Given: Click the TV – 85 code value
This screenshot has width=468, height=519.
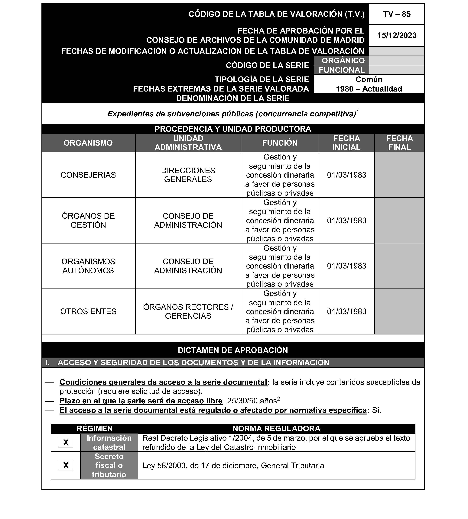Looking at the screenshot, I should pyautogui.click(x=397, y=14).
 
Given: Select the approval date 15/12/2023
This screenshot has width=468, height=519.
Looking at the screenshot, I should pyautogui.click(x=397, y=35).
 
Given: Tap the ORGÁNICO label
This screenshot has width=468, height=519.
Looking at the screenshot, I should pyautogui.click(x=343, y=61).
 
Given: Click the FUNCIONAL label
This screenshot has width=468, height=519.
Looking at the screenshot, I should pyautogui.click(x=342, y=70).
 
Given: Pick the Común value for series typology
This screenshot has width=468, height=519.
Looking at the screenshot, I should pyautogui.click(x=369, y=79).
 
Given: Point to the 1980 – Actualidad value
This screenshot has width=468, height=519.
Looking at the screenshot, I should pyautogui.click(x=369, y=89).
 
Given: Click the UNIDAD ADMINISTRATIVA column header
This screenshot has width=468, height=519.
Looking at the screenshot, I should pyautogui.click(x=188, y=143).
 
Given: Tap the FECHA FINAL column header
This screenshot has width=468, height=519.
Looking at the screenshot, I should pyautogui.click(x=399, y=143).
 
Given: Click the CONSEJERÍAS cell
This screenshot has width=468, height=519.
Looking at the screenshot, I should pyautogui.click(x=88, y=175).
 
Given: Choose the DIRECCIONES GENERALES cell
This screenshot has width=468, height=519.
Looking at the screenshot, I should pyautogui.click(x=188, y=175).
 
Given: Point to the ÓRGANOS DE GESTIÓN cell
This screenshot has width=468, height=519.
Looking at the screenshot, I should pyautogui.click(x=88, y=220).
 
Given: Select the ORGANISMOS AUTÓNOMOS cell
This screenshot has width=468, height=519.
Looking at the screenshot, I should pyautogui.click(x=88, y=266).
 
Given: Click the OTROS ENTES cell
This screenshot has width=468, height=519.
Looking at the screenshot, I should pyautogui.click(x=88, y=311).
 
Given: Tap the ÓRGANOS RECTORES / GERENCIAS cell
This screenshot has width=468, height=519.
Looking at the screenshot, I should pyautogui.click(x=188, y=311).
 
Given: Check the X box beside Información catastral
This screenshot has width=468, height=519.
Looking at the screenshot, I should pyautogui.click(x=66, y=442).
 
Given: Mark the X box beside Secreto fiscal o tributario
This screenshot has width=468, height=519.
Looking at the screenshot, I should pyautogui.click(x=66, y=465).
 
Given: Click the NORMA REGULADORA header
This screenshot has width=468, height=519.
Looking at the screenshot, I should pyautogui.click(x=276, y=429).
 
